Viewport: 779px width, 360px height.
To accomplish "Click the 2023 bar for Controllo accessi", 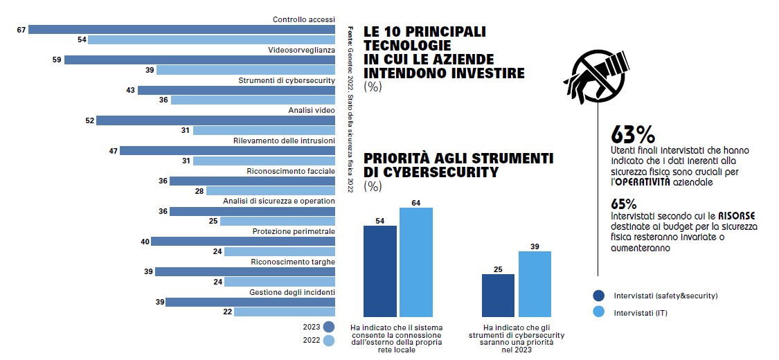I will click(181, 30).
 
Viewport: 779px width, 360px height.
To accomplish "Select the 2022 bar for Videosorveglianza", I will click(246, 70).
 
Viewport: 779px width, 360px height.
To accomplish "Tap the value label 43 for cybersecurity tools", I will click(130, 90).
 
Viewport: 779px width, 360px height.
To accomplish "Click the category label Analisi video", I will click(312, 111).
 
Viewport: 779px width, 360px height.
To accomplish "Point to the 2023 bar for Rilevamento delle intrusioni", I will click(227, 150).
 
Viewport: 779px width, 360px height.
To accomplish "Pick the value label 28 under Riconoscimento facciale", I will click(199, 191).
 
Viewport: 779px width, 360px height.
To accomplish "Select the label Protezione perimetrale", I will click(294, 231).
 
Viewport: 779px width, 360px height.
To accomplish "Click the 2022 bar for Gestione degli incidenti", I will click(285, 312).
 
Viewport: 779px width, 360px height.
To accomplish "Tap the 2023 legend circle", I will click(329, 327).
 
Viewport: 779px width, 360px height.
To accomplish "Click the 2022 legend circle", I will click(329, 341).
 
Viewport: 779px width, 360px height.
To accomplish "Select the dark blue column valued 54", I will click(380, 271).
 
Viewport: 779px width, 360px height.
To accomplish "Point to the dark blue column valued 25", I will click(499, 295).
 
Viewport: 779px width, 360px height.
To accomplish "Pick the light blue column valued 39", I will click(535, 283).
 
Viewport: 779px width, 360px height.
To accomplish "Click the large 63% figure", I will click(633, 134).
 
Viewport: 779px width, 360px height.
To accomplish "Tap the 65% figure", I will click(624, 204).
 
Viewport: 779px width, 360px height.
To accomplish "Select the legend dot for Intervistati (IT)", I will click(600, 313).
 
